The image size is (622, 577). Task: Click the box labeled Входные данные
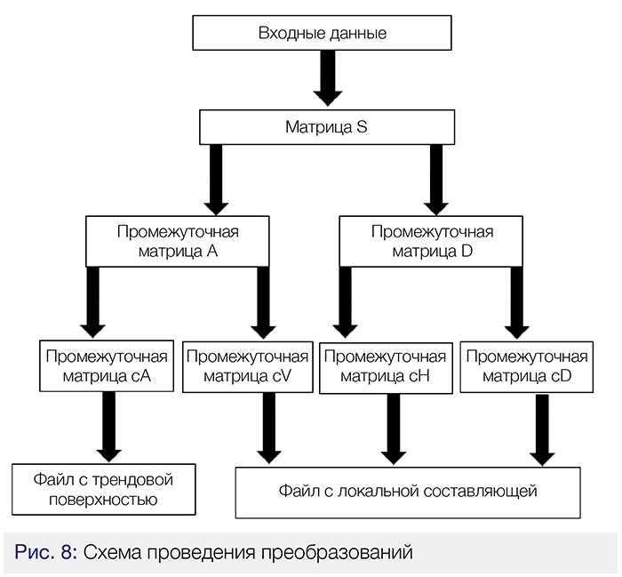[322, 35]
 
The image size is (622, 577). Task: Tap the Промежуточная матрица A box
[178, 241]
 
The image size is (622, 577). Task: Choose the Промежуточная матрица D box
[431, 241]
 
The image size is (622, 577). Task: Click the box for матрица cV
[248, 365]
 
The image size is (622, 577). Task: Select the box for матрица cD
[526, 365]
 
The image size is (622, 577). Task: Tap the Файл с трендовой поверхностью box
[103, 489]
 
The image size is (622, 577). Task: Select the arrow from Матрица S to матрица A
[215, 179]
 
